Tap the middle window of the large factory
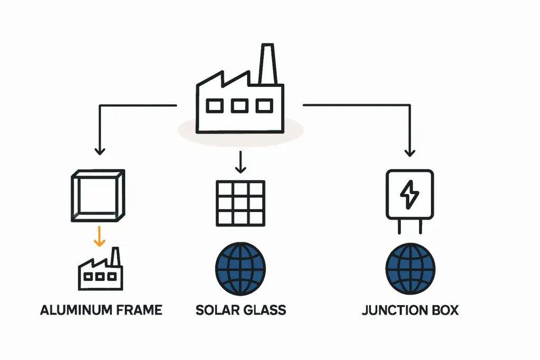point(239,106)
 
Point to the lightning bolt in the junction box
point(410,194)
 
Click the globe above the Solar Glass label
point(240,268)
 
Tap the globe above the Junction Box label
point(410,268)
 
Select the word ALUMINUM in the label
point(76,310)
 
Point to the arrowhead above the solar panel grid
point(240,169)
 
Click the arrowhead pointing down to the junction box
point(410,152)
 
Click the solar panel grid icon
point(240,203)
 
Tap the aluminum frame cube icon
point(98,196)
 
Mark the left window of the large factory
point(215,106)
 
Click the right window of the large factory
point(264,106)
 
